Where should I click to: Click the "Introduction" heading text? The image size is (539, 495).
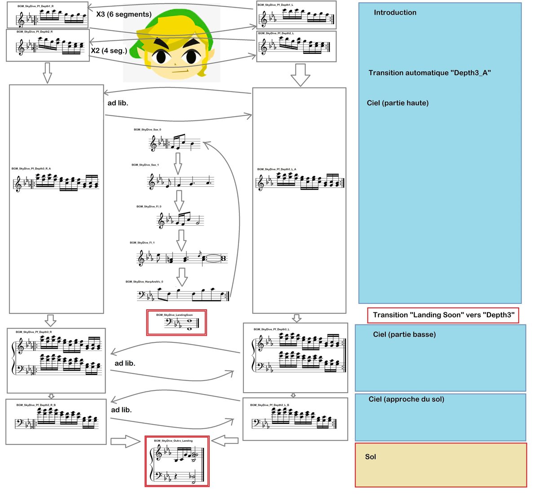pyautogui.click(x=395, y=13)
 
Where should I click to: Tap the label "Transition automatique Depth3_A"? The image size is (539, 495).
pyautogui.click(x=429, y=73)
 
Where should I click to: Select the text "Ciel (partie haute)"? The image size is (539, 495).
pyautogui.click(x=398, y=103)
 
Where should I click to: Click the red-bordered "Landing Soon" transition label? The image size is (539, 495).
pyautogui.click(x=443, y=315)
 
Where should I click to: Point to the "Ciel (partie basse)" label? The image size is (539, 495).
pyautogui.click(x=404, y=334)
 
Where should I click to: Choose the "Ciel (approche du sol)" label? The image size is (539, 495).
pyautogui.click(x=406, y=399)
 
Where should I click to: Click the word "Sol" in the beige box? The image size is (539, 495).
pyautogui.click(x=371, y=457)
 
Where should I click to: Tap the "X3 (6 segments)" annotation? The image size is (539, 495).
pyautogui.click(x=124, y=14)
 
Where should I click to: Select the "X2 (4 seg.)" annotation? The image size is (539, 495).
pyautogui.click(x=109, y=51)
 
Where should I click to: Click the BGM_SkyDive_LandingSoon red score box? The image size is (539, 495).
pyautogui.click(x=177, y=322)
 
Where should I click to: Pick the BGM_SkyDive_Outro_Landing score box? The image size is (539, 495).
pyautogui.click(x=177, y=461)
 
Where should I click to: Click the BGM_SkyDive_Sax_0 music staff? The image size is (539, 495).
pyautogui.click(x=175, y=143)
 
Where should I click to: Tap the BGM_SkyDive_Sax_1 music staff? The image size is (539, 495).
pyautogui.click(x=181, y=181)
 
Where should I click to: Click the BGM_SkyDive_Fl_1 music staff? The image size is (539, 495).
pyautogui.click(x=182, y=258)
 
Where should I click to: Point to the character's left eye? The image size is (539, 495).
pyautogui.click(x=160, y=57)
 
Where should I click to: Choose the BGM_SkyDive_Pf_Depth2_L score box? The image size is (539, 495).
pyautogui.click(x=296, y=46)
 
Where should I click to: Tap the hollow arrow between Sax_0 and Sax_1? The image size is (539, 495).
pyautogui.click(x=178, y=163)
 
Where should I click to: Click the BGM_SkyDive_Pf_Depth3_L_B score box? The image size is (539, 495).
pyautogui.click(x=295, y=419)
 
